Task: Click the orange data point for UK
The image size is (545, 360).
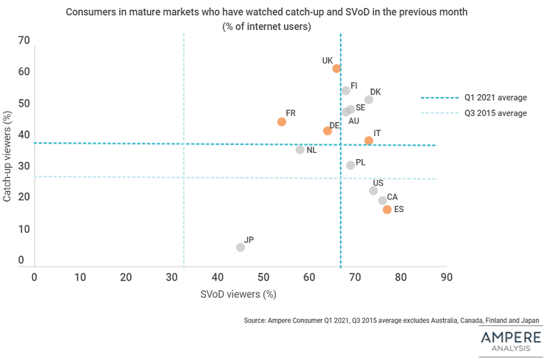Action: (x=336, y=68)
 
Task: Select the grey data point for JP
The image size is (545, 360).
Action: (x=241, y=247)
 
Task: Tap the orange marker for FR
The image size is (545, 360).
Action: (x=282, y=121)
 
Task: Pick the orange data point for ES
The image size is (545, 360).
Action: (x=387, y=209)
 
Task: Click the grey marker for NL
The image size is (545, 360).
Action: (x=300, y=149)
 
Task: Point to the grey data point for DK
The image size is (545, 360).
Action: (x=369, y=100)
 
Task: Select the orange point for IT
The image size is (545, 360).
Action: (x=369, y=140)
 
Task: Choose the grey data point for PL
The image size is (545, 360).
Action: (x=350, y=165)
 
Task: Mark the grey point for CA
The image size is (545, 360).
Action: (x=382, y=200)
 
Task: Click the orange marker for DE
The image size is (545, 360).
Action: (x=328, y=130)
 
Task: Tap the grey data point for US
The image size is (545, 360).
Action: (x=373, y=190)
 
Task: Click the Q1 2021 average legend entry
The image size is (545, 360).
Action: (x=474, y=98)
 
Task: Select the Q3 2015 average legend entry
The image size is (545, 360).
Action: (x=474, y=113)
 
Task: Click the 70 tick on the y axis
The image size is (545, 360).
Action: (x=24, y=40)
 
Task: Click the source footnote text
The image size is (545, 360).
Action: (x=390, y=320)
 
